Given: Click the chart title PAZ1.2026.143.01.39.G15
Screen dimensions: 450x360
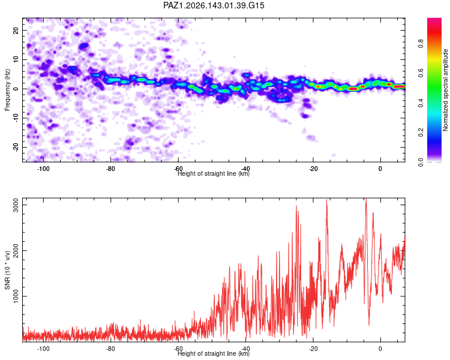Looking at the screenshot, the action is [214, 5].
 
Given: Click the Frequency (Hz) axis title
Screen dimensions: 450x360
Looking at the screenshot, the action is [7, 89].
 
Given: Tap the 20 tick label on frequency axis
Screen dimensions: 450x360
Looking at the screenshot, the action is [16, 30].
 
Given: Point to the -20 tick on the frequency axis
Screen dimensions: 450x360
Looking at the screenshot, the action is [16, 148].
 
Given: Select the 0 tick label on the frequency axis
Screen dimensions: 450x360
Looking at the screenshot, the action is [16, 89].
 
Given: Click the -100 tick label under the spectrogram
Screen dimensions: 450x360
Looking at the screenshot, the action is [43, 169].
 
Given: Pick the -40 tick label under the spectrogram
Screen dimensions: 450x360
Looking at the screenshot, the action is [245, 169].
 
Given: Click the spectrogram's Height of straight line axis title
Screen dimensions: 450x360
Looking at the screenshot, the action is [214, 173].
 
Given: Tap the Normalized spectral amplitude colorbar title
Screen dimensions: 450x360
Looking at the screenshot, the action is [445, 90].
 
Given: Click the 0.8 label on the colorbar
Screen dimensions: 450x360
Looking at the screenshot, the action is [421, 44].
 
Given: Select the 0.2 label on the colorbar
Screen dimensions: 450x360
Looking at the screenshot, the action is [421, 133].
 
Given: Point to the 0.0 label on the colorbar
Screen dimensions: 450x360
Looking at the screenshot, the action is [421, 162].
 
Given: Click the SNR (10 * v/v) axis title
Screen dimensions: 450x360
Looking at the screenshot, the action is [7, 270].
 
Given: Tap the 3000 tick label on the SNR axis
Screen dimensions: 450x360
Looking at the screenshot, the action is [16, 205].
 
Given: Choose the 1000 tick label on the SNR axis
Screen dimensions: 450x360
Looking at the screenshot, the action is [16, 296].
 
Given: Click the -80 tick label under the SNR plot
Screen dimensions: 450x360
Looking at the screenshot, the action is [110, 349].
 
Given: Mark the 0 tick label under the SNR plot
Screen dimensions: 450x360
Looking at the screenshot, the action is [380, 349].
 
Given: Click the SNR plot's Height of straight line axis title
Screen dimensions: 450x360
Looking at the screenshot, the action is [214, 353].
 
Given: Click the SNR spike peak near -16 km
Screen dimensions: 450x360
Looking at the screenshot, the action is [326, 200].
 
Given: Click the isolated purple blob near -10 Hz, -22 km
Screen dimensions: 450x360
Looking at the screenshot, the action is [305, 116].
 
